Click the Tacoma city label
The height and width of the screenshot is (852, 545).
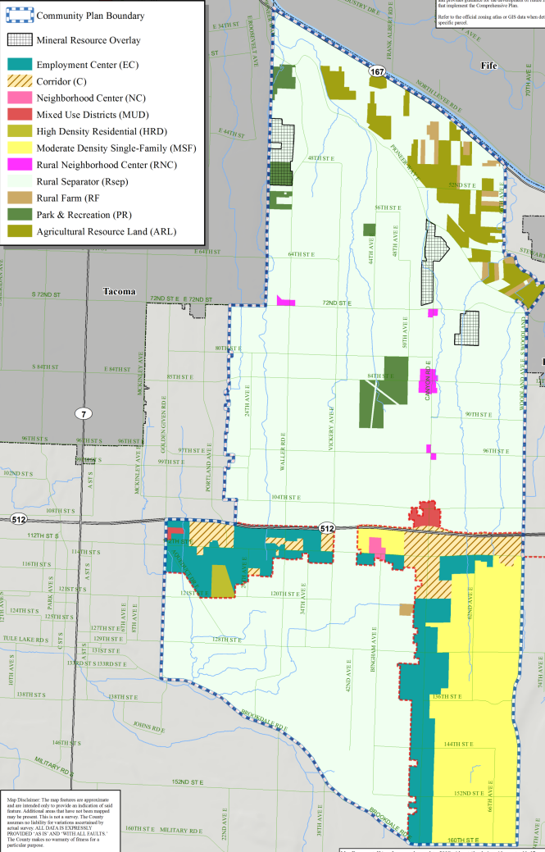(120, 292)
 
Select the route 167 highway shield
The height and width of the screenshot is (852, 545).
(377, 72)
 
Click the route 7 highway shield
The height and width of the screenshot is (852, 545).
(83, 413)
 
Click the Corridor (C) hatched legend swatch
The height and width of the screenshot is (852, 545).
(20, 81)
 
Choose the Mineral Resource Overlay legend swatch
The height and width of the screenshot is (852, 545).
(20, 39)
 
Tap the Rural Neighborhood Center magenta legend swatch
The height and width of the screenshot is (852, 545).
(20, 165)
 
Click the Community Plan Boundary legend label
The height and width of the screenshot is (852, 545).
(90, 16)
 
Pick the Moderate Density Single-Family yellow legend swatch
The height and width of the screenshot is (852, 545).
(20, 148)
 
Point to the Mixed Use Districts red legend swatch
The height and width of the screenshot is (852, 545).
(20, 115)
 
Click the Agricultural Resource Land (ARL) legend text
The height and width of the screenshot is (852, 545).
(105, 232)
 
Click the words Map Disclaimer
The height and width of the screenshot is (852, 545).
(22, 796)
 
